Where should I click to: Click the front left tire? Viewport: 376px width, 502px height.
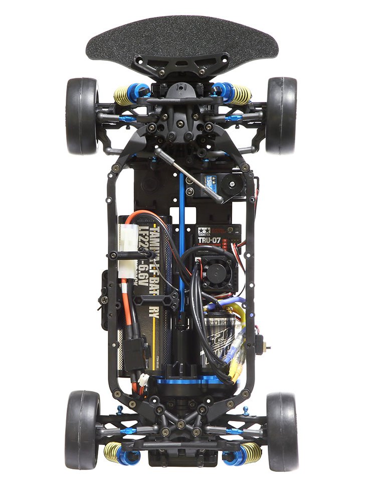pyautogui.click(x=81, y=115)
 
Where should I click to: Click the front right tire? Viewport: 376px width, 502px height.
pyautogui.click(x=281, y=115)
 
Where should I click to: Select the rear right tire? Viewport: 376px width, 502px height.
pyautogui.click(x=282, y=431)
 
